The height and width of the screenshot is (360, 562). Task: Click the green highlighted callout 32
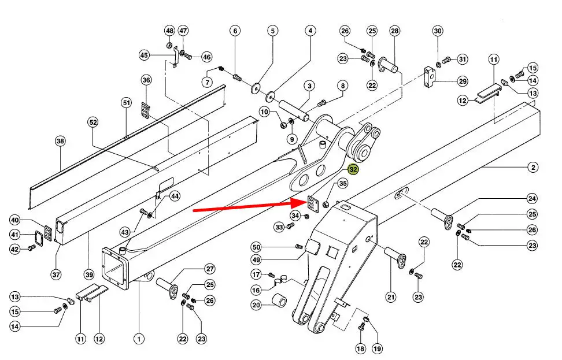(353, 169)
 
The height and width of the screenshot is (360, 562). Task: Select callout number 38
(60, 141)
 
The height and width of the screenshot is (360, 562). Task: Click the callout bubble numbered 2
(533, 168)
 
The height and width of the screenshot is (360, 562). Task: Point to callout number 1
(138, 339)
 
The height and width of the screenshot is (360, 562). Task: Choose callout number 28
(395, 31)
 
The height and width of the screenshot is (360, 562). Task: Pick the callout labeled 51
(126, 103)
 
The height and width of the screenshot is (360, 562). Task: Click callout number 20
(256, 305)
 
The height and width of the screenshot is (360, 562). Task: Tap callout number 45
(145, 55)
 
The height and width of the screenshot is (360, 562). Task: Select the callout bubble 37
(56, 274)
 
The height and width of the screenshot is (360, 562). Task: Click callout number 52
(93, 122)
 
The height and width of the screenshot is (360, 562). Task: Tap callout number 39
(88, 274)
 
